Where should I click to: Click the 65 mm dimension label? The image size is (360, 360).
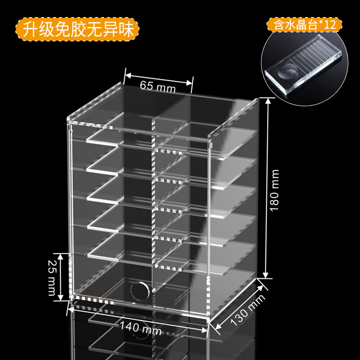[x=157, y=85]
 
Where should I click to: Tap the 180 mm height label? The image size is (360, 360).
[x=275, y=189]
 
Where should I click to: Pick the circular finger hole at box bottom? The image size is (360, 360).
[x=139, y=290]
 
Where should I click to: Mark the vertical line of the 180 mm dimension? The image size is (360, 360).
[x=267, y=188]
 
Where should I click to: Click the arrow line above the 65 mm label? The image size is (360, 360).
[x=158, y=77]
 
